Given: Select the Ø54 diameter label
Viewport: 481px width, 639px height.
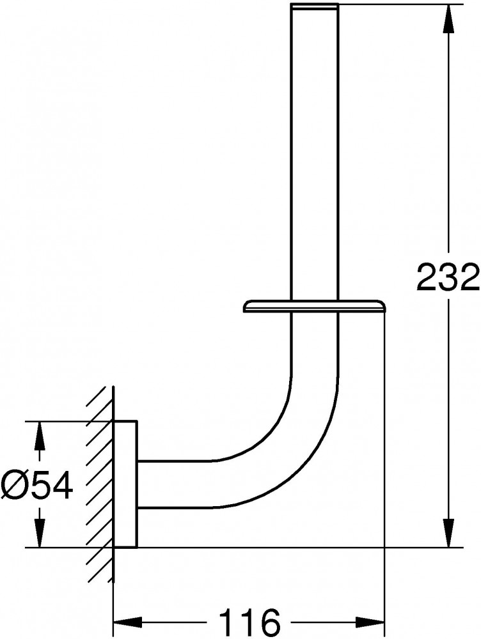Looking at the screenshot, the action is point(37,485).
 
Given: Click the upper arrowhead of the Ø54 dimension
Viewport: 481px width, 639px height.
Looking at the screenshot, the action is point(39,436).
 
